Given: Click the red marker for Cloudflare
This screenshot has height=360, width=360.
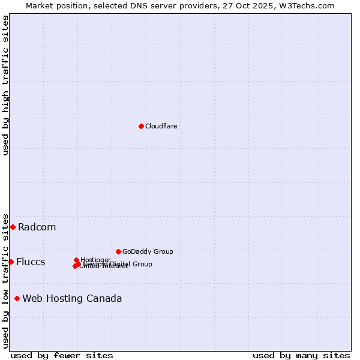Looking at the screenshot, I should click(141, 126).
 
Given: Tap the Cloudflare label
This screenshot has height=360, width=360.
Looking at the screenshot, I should click(161, 127).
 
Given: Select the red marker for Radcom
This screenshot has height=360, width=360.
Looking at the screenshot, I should click(13, 227).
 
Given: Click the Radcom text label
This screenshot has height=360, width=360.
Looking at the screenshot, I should click(37, 227).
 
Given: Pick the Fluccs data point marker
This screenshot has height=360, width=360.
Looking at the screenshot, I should click(11, 262).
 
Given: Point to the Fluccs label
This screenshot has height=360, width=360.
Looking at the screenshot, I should click(31, 262).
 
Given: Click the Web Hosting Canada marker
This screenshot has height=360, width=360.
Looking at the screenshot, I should click(17, 298).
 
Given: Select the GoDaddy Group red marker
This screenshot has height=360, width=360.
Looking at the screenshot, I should click(118, 251).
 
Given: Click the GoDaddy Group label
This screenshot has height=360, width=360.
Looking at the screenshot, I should click(148, 252).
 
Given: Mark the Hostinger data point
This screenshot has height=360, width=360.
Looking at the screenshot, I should click(76, 260).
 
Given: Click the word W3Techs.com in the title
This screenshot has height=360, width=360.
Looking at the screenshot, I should click(310, 5).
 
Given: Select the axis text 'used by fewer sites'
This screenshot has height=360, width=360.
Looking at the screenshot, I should click(62, 356).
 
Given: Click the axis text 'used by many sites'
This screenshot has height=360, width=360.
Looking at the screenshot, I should click(301, 356).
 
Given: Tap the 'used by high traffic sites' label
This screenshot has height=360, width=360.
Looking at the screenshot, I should click(5, 85).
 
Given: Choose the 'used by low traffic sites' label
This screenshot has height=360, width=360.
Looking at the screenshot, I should click(5, 280).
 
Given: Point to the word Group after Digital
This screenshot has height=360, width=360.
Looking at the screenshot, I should click(142, 264).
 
